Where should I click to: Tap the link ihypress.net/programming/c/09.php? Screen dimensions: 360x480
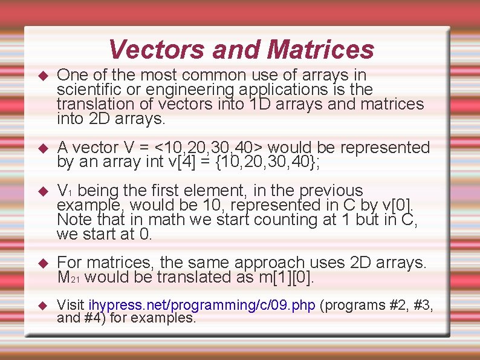click(202, 306)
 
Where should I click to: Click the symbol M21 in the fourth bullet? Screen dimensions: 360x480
click(69, 278)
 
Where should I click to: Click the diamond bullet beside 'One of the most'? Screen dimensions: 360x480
click(42, 76)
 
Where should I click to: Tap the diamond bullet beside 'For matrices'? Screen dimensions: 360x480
click(42, 264)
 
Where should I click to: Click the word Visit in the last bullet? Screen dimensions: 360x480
click(70, 306)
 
